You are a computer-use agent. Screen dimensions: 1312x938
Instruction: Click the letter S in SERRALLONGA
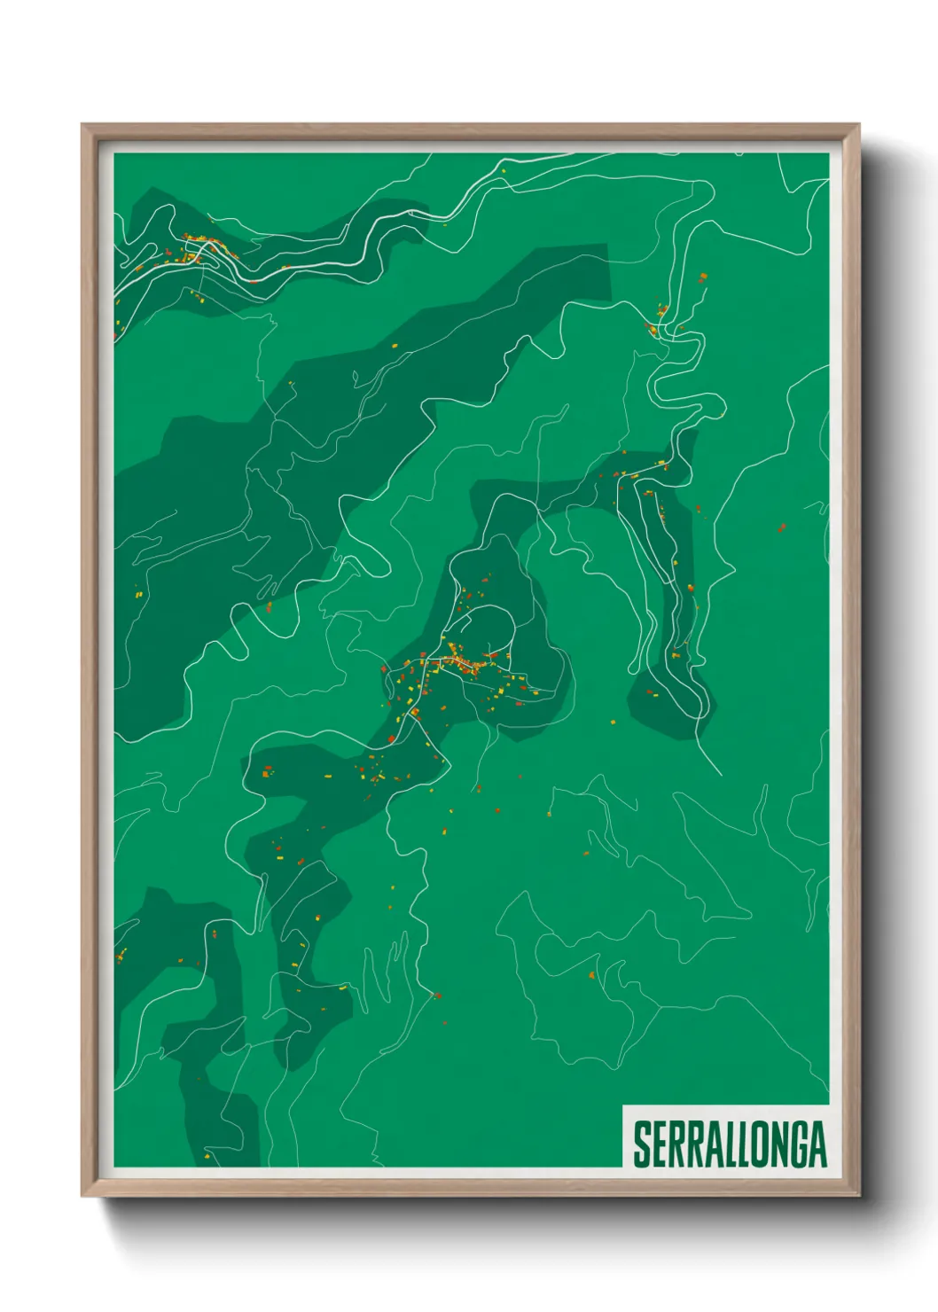(641, 1144)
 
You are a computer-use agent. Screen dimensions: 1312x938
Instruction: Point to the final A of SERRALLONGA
(816, 1144)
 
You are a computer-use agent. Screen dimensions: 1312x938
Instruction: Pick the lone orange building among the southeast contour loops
(591, 975)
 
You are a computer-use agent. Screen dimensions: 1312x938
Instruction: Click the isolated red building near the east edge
(782, 529)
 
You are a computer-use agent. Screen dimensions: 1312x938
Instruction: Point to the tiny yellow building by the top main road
(504, 170)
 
